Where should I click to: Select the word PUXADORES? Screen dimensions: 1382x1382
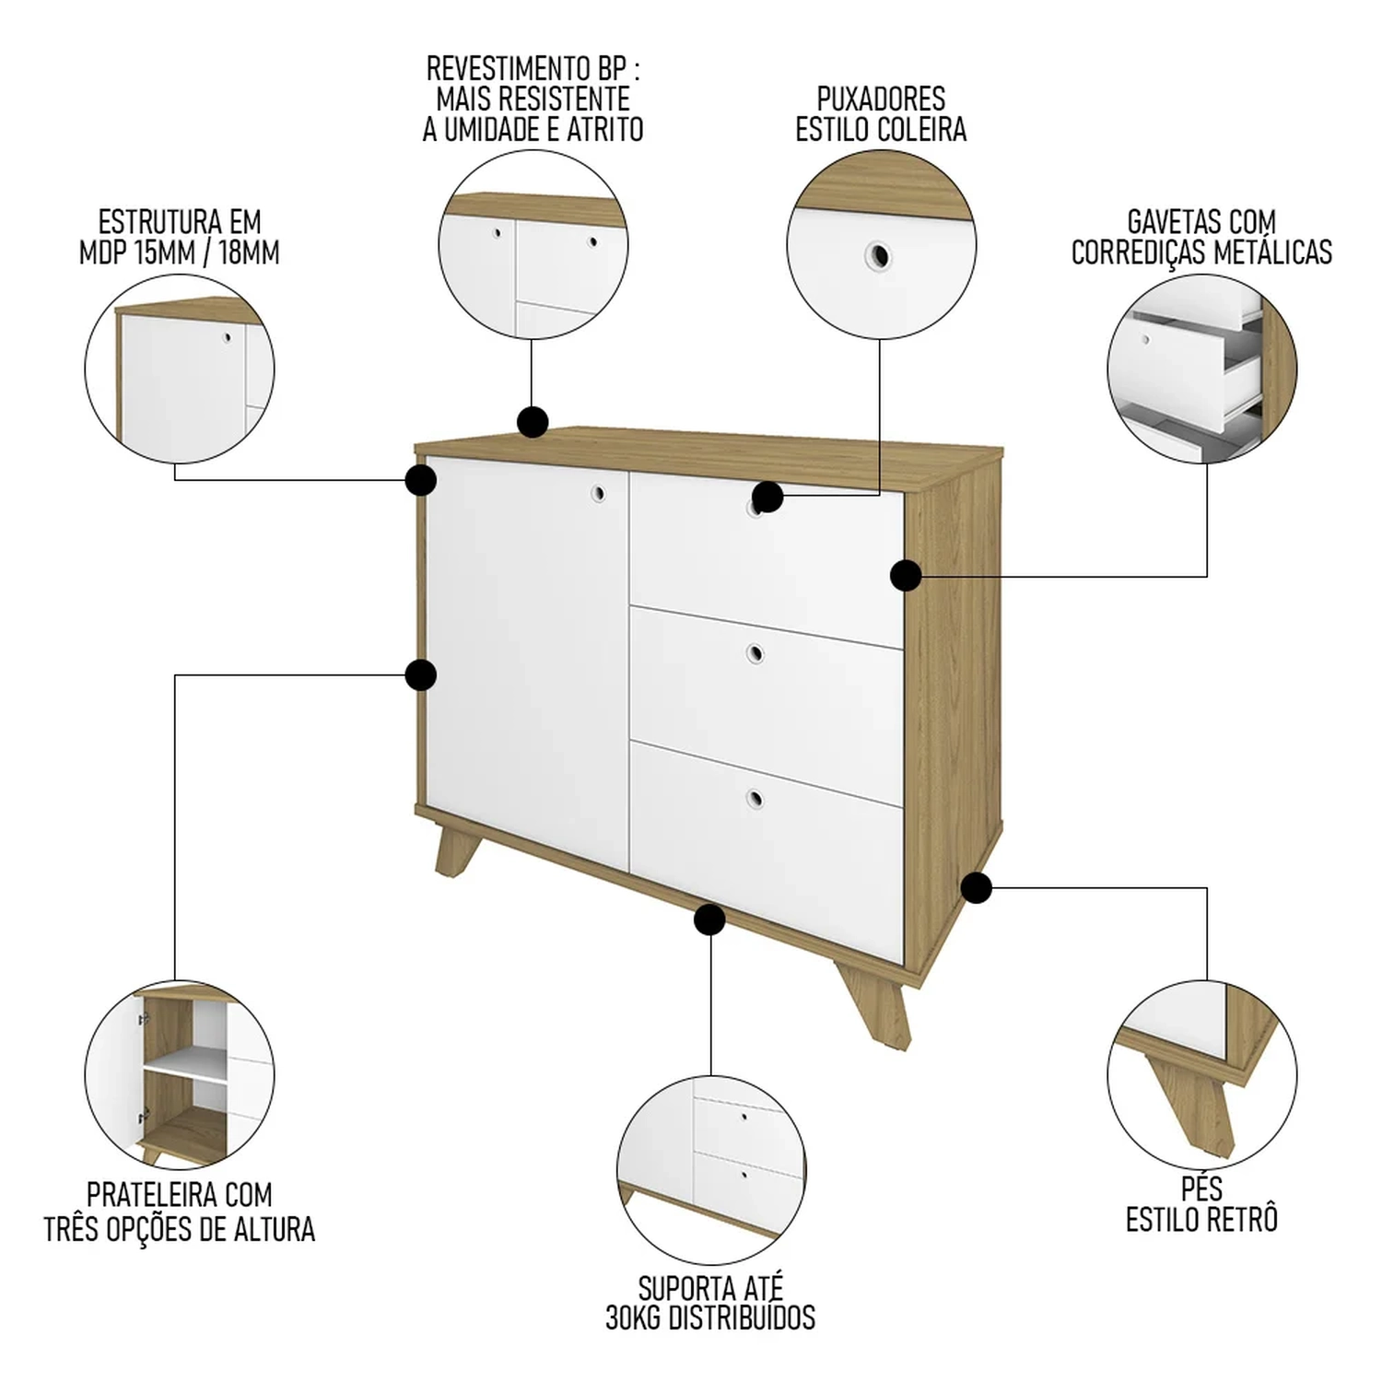[881, 99]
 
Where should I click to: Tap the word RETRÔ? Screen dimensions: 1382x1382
[1242, 1219]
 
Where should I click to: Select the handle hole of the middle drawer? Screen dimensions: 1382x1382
[755, 654]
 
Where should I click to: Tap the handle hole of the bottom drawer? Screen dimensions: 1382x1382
[755, 799]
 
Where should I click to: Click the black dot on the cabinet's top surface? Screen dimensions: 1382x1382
[533, 423]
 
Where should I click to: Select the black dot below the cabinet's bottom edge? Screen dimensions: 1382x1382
[709, 919]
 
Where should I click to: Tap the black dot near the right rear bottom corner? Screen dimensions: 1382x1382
[976, 888]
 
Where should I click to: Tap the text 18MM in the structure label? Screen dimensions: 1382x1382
[248, 252]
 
